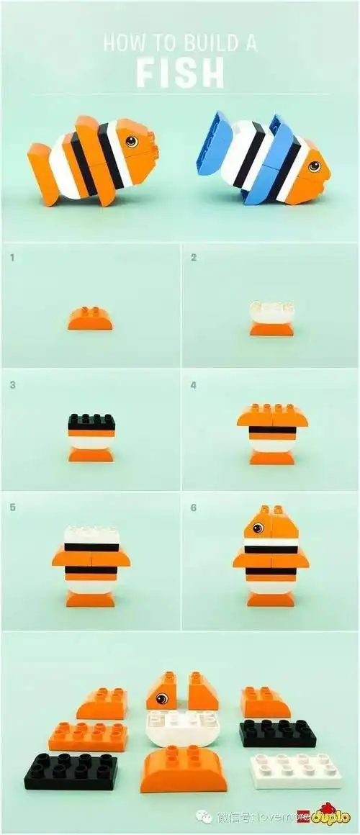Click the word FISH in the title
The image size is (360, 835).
(x=180, y=73)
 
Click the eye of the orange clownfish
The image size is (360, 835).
(x=131, y=141)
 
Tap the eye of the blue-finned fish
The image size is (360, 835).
(x=314, y=166)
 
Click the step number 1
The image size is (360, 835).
(x=12, y=256)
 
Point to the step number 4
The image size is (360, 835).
(x=193, y=385)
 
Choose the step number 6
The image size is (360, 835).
(x=193, y=507)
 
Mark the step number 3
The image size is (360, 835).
(x=12, y=385)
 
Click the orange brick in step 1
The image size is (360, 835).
(x=90, y=318)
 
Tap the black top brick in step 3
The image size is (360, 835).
(x=91, y=422)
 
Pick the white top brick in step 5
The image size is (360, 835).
(x=91, y=536)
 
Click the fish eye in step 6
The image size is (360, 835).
(x=258, y=528)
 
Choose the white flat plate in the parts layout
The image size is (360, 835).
(x=295, y=770)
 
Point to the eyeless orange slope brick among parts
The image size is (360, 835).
(x=203, y=692)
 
